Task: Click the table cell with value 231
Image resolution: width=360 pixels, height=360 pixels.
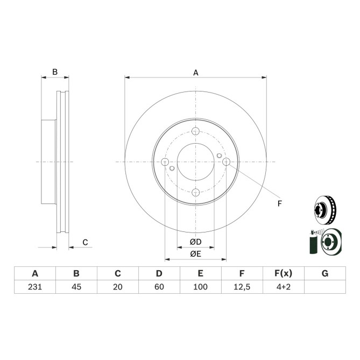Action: click(35, 287)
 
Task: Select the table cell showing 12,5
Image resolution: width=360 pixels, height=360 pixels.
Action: click(242, 287)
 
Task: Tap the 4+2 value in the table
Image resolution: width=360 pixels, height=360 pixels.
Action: click(284, 287)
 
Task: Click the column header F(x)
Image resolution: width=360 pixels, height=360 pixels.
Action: click(284, 273)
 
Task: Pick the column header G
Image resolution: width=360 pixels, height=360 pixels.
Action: click(324, 273)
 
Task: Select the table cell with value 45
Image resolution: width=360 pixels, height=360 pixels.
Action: click(76, 287)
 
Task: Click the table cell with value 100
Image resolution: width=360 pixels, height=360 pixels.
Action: click(200, 287)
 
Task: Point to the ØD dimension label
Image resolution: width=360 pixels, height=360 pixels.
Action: click(195, 242)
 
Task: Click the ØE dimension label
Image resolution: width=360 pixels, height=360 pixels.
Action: click(195, 253)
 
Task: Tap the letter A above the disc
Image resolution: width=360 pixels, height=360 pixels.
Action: click(196, 72)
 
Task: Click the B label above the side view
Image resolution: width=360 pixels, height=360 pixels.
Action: click(54, 72)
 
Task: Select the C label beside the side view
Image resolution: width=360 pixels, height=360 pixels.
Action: click(85, 242)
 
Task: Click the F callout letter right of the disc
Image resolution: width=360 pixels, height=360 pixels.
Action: click(279, 203)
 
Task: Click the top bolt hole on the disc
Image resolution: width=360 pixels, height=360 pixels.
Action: click(195, 131)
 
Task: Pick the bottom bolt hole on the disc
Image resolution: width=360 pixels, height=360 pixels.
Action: click(195, 192)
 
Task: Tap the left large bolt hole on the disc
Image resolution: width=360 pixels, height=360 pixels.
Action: click(165, 162)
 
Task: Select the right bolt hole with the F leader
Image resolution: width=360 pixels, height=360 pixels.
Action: click(226, 161)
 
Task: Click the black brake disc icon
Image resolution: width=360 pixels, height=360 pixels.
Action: click(324, 210)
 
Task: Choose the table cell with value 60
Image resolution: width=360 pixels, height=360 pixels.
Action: click(159, 287)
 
